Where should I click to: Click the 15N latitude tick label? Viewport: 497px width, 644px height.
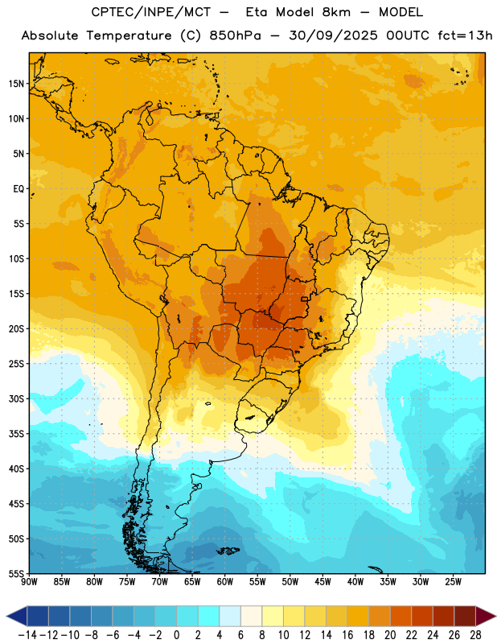(x=16, y=84)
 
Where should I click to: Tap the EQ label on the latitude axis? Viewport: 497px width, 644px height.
(x=18, y=189)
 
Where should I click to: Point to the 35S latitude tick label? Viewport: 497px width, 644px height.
(x=16, y=434)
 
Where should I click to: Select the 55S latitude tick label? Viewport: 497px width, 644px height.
(x=16, y=573)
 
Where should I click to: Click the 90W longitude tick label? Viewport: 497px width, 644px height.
(x=29, y=582)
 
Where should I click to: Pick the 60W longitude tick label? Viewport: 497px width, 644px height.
(x=225, y=582)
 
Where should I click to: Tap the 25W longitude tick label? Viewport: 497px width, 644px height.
(x=453, y=582)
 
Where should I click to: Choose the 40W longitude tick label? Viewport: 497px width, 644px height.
(x=355, y=582)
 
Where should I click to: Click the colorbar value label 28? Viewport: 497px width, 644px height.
(x=475, y=635)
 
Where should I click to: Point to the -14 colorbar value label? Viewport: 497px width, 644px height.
(x=27, y=635)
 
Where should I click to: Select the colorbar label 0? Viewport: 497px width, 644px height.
(x=176, y=635)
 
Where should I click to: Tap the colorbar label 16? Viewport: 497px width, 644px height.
(x=347, y=635)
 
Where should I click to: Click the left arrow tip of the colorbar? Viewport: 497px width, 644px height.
(x=6, y=616)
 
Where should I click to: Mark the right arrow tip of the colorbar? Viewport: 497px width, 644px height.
(x=495, y=616)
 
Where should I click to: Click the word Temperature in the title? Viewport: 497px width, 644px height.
(x=129, y=35)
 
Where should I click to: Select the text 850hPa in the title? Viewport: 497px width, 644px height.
(x=235, y=35)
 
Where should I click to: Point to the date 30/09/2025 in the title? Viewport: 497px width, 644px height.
(x=333, y=35)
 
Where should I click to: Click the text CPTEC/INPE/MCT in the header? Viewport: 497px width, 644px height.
(x=151, y=12)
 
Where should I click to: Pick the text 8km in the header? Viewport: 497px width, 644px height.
(x=336, y=12)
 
